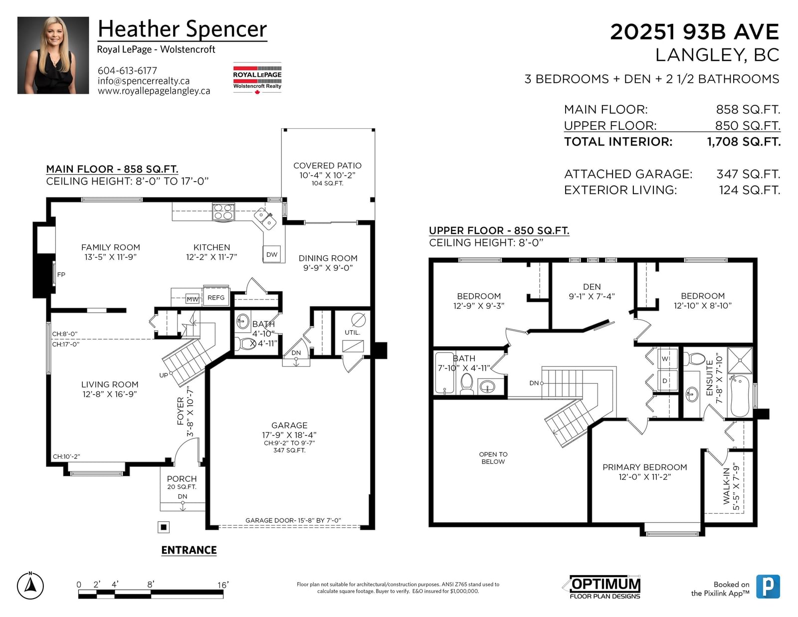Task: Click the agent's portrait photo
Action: [x=53, y=55]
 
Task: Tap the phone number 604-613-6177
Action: [x=127, y=70]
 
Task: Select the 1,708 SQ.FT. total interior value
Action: [x=744, y=142]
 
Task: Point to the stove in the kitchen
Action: [x=223, y=212]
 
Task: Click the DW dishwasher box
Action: [x=272, y=254]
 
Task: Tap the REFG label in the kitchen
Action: [x=216, y=297]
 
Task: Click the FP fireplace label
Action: [x=61, y=274]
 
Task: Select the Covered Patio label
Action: [x=328, y=166]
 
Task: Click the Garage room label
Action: [x=289, y=425]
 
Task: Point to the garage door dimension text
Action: [x=293, y=520]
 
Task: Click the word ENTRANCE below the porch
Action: [x=189, y=550]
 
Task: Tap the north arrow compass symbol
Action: [x=30, y=586]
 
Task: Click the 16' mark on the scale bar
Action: [x=223, y=585]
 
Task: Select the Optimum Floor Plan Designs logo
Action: [x=604, y=587]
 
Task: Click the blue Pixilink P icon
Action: [x=768, y=587]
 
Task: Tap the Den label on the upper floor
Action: [x=592, y=287]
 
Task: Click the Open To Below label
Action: [x=493, y=458]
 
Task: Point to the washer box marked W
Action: [x=665, y=358]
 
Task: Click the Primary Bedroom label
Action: [x=644, y=467]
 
